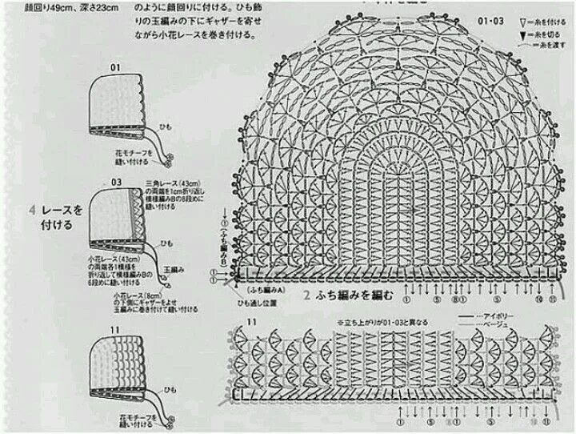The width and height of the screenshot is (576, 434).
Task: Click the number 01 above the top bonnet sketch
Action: (114, 66)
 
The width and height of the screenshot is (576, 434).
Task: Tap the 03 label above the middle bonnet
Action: (117, 183)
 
